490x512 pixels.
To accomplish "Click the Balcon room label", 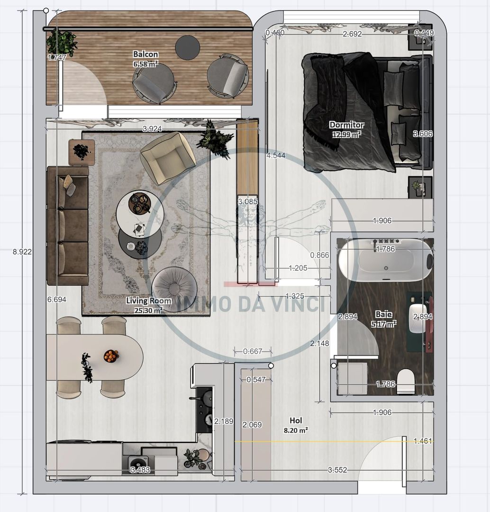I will coord(145,54).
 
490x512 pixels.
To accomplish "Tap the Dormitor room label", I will coord(346,125).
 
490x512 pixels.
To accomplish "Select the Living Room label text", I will coord(148,301).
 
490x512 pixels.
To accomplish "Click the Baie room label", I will coord(383,314).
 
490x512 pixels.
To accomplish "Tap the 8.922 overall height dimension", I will coord(22,252).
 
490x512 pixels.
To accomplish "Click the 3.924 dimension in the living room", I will coord(151,128).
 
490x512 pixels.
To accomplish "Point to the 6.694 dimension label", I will coord(56,300).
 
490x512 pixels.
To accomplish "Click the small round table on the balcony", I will coord(187,47).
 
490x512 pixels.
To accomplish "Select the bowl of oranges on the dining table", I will coord(111,355).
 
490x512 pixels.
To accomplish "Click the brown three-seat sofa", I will coord(67,225).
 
